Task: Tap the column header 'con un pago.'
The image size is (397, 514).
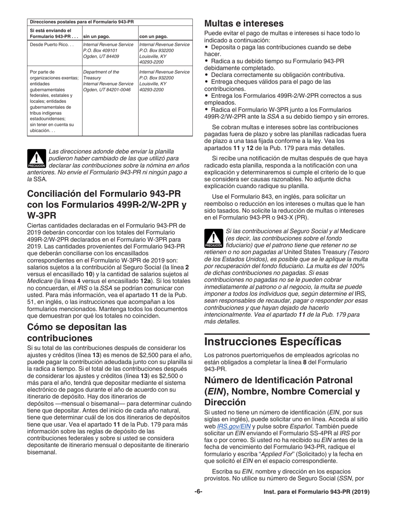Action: pos(153,36)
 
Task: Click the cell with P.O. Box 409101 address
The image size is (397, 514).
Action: pos(108,50)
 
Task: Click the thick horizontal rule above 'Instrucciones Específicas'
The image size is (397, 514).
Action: pos(287,334)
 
